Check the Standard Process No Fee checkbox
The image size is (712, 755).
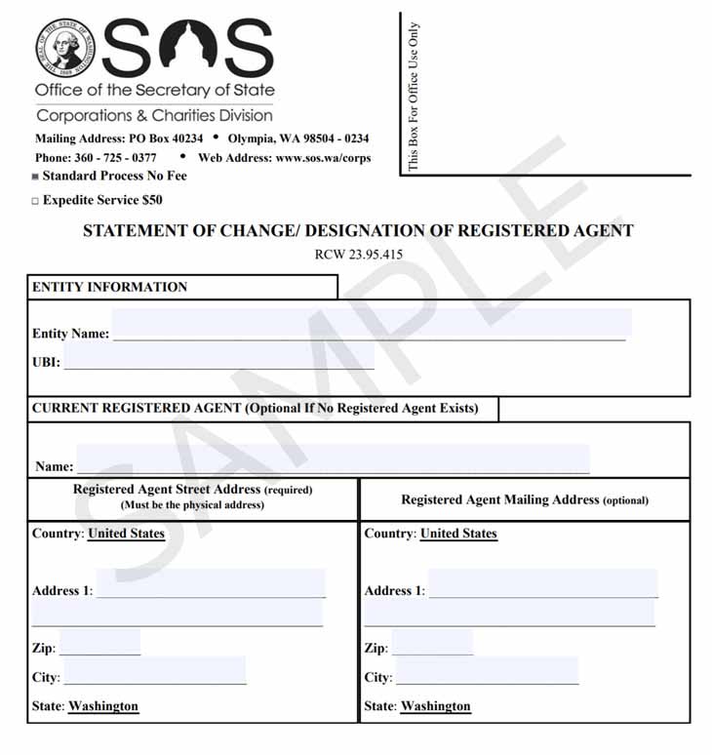tap(35, 177)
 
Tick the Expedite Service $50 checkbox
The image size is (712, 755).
tap(35, 201)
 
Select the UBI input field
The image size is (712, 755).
tap(218, 357)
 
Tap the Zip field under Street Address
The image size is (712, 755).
tap(99, 644)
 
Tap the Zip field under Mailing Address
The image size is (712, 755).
tap(432, 644)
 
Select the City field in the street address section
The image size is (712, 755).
tap(154, 672)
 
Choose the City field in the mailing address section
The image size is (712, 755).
tap(487, 672)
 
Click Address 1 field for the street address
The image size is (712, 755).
tap(211, 585)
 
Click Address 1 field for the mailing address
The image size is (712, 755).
tap(542, 585)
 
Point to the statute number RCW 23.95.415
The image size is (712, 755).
tap(359, 255)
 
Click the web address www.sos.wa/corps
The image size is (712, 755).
tap(323, 158)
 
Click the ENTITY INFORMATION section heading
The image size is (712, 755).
tap(109, 288)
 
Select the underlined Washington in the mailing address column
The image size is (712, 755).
tap(435, 706)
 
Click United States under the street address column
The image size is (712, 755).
tap(126, 534)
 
